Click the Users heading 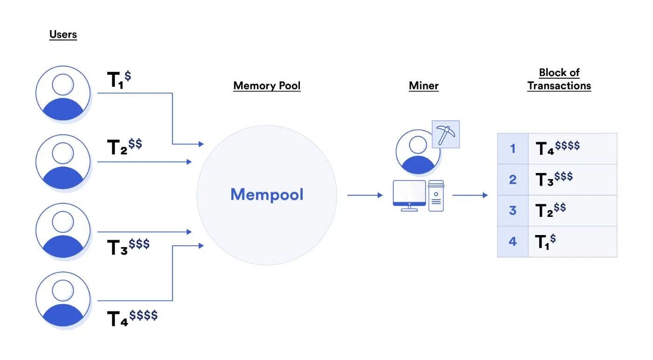[x=63, y=35]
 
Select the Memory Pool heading [x=267, y=86]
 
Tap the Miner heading [x=424, y=86]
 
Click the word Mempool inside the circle [x=267, y=194]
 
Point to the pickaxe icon [x=446, y=134]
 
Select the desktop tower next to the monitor [x=436, y=196]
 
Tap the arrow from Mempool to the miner [x=365, y=195]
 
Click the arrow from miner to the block [x=470, y=195]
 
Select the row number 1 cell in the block [x=513, y=149]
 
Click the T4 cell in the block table [x=572, y=149]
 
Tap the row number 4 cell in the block [x=513, y=242]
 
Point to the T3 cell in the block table [x=572, y=180]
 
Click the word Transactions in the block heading [x=559, y=86]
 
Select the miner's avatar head [x=412, y=144]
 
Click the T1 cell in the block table [x=572, y=242]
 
